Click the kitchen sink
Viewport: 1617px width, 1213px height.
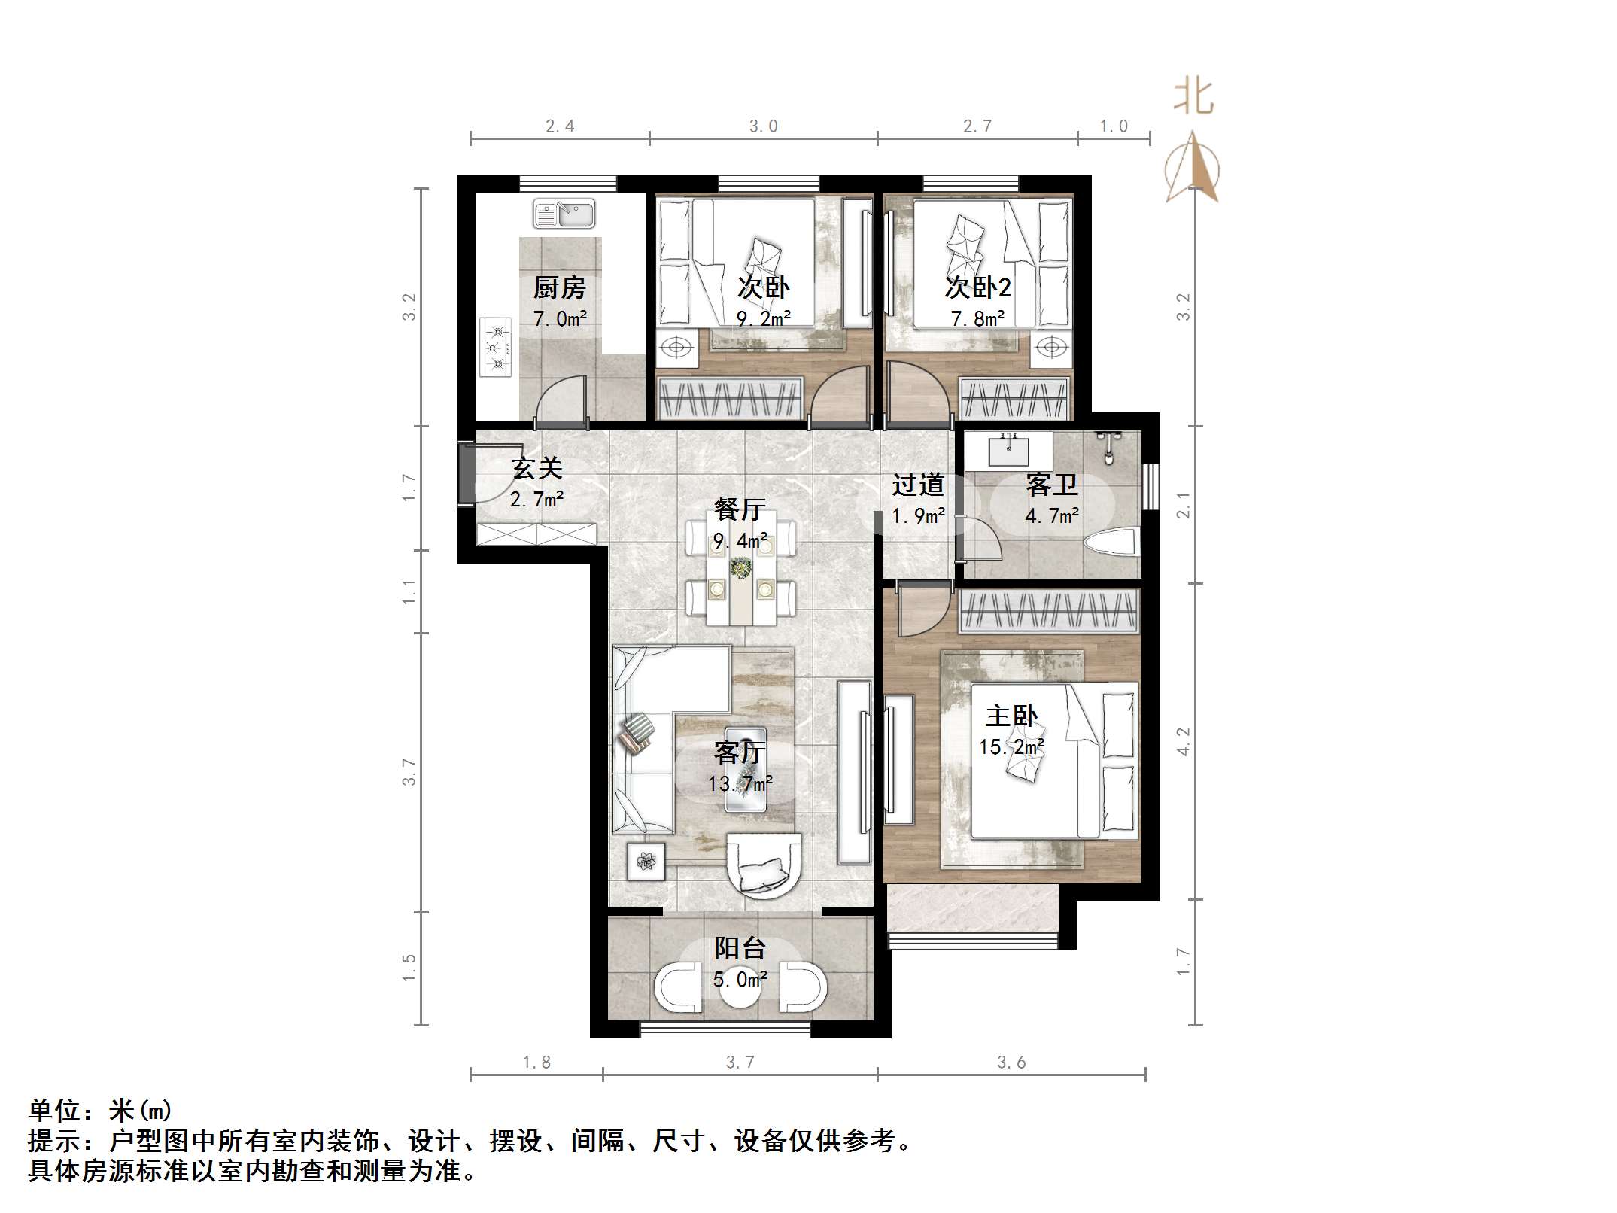[564, 214]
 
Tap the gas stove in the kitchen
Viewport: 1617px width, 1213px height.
[495, 347]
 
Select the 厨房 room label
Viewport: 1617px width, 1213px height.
[559, 287]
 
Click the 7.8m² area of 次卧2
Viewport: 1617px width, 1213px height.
[977, 319]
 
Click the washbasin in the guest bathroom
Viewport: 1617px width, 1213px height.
[1008, 451]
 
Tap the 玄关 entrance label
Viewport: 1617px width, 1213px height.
[536, 469]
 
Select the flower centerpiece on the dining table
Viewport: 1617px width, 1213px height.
[741, 568]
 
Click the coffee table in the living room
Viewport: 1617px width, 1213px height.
[745, 768]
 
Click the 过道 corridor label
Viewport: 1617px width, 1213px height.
[917, 485]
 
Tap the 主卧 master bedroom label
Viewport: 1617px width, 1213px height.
[1011, 716]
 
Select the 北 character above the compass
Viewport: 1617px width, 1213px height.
[1193, 98]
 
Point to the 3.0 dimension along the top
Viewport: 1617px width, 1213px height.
[763, 126]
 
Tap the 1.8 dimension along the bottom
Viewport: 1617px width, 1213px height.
[536, 1062]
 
